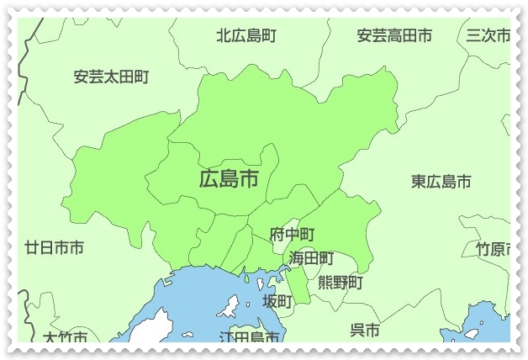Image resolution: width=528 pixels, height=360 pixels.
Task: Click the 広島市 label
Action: [x=229, y=178]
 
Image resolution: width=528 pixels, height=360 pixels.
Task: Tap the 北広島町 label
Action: [x=246, y=36]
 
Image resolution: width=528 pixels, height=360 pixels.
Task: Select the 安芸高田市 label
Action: [x=394, y=36]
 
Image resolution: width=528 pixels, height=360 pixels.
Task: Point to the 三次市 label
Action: [x=488, y=36]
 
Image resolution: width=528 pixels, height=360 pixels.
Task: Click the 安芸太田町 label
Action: [x=111, y=77]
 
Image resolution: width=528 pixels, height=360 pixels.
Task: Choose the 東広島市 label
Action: [x=441, y=181]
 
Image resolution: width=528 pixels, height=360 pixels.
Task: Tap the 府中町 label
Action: [x=292, y=235]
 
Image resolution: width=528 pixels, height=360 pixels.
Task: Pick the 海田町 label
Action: [x=311, y=258]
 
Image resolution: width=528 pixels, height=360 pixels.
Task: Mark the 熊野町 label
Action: [x=341, y=283]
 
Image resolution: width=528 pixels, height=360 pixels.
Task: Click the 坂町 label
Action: [x=277, y=301]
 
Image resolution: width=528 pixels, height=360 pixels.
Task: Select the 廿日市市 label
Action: [x=54, y=248]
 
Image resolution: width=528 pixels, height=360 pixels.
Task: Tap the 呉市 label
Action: [x=364, y=330]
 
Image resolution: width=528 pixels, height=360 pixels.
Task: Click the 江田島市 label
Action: [x=249, y=337]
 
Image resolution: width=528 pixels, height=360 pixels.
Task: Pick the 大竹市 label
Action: [x=66, y=338]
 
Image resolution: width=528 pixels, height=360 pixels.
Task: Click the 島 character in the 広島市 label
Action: [x=229, y=178]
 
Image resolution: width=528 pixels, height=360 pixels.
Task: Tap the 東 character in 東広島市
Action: [x=419, y=181]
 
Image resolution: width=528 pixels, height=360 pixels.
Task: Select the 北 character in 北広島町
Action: [x=224, y=36]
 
